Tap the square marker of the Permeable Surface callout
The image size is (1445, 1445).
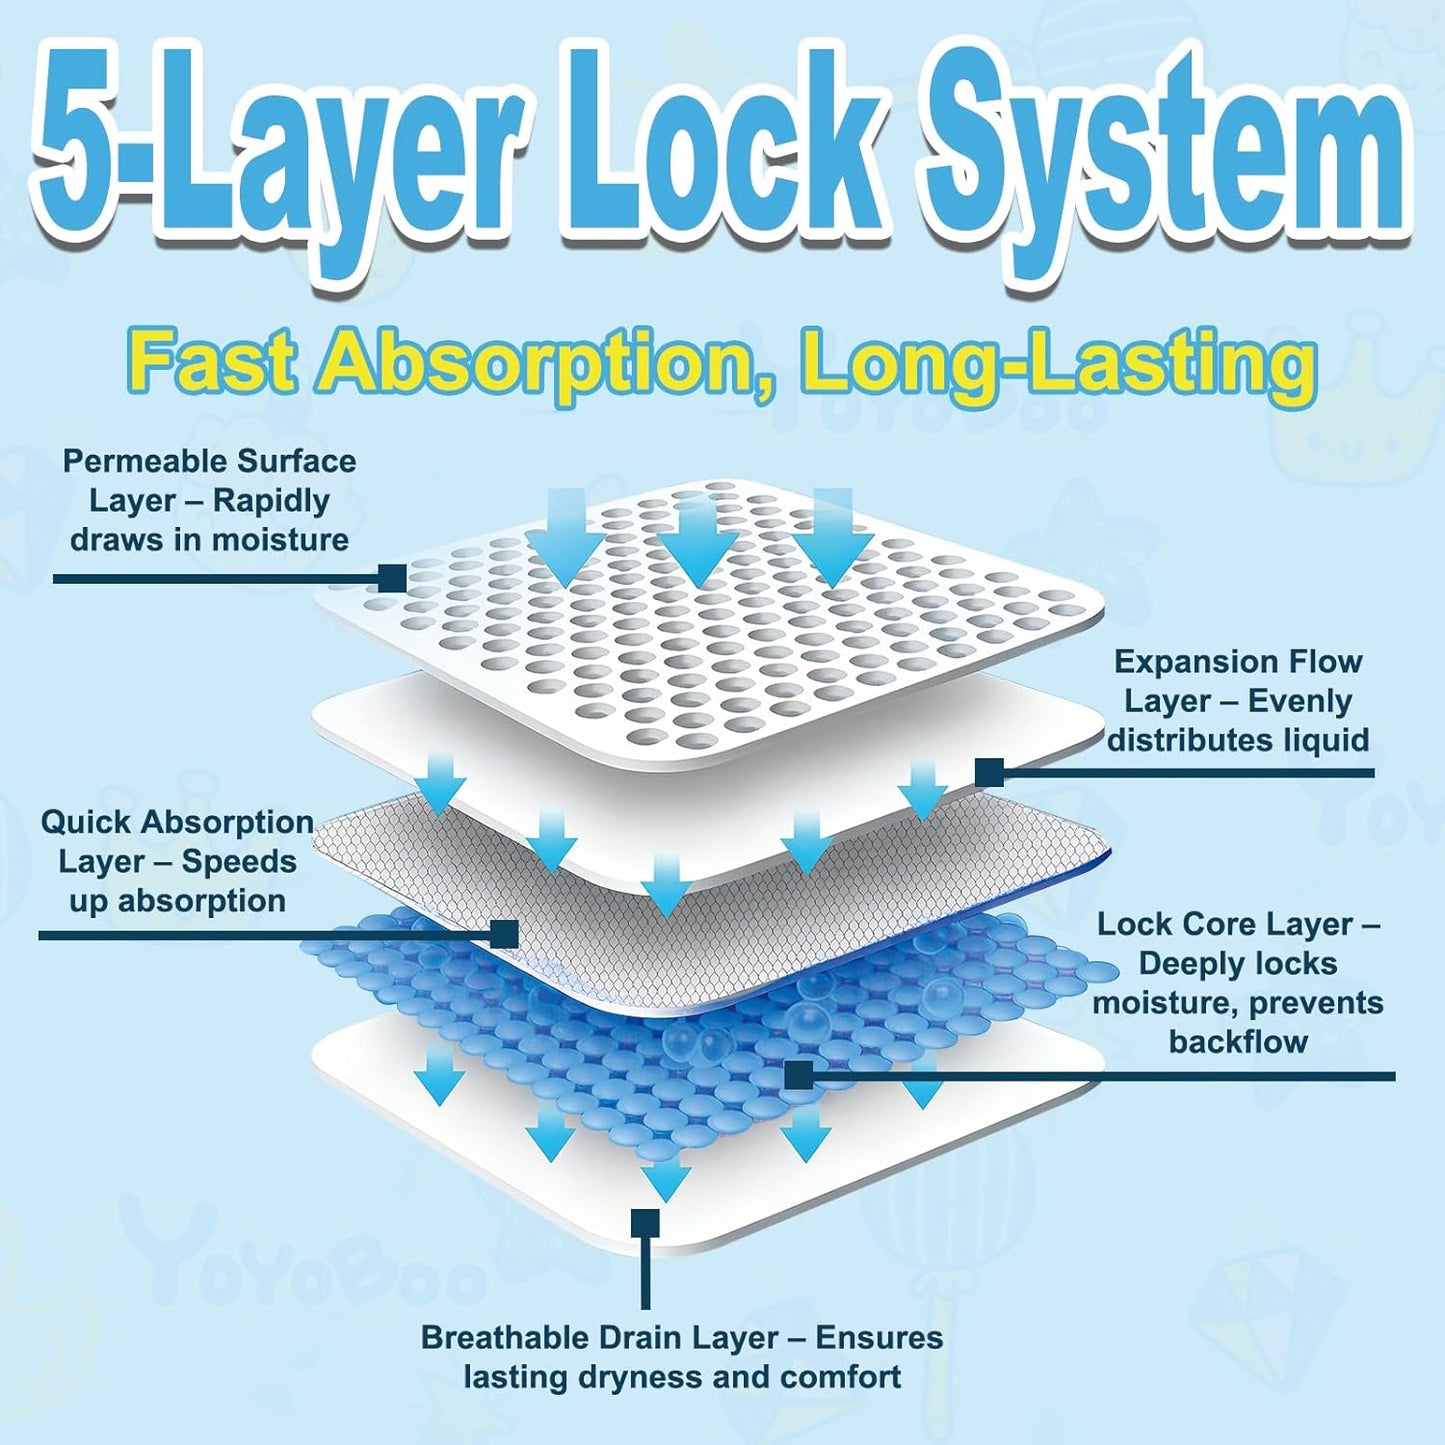point(392,578)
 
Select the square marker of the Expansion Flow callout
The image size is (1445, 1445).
point(989,772)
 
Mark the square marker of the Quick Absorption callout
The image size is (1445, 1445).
point(504,934)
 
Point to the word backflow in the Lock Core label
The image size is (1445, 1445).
point(1238,1042)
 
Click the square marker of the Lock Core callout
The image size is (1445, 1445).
point(798,1075)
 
